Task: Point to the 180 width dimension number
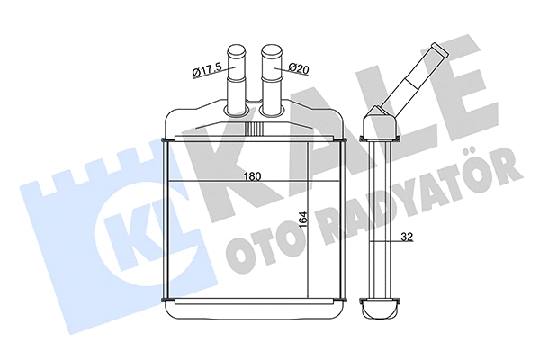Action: [x=254, y=176]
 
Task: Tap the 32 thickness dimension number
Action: [x=408, y=238]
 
